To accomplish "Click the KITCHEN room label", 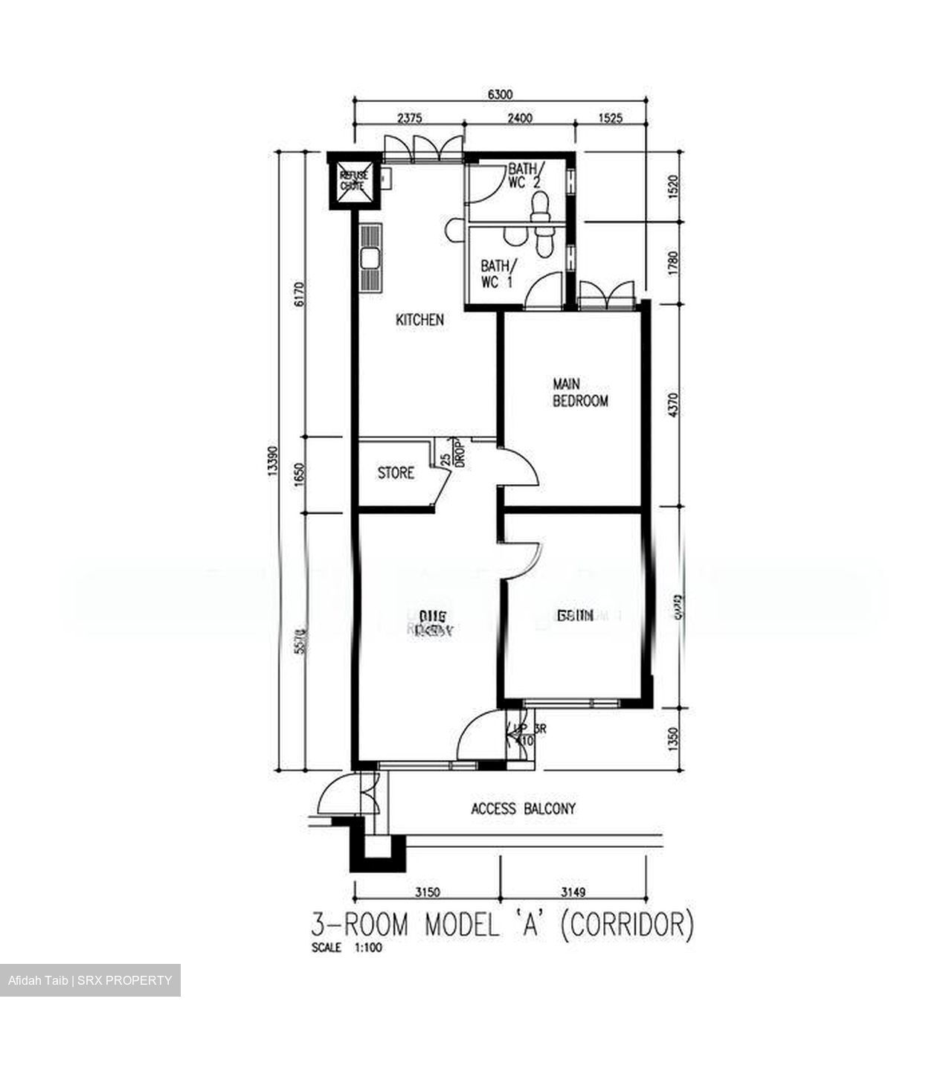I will click(x=419, y=320).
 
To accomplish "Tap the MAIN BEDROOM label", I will click(x=580, y=393).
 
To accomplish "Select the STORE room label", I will click(x=396, y=473).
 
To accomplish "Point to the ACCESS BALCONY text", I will click(x=523, y=808).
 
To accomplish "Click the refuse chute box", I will click(x=353, y=181).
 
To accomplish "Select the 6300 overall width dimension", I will click(x=501, y=94).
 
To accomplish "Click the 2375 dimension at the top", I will click(x=410, y=118).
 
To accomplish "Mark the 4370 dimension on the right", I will click(x=673, y=405).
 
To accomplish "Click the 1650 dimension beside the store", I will click(x=299, y=474).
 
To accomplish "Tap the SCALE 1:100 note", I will click(x=342, y=948).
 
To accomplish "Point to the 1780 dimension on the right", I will click(x=673, y=264).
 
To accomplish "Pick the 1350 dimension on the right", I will click(x=673, y=739).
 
